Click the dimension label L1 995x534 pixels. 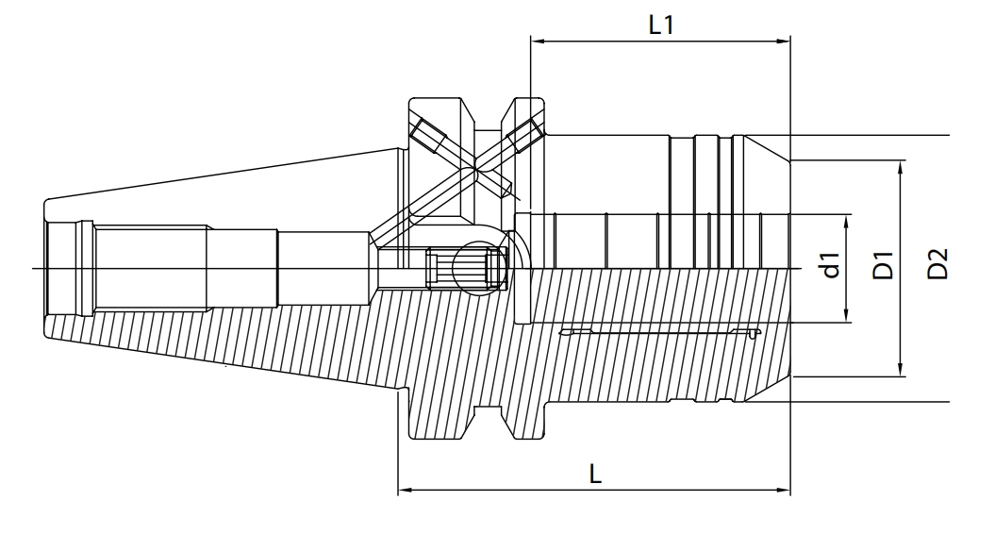point(660,25)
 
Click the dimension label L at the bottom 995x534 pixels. point(595,475)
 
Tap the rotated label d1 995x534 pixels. point(830,267)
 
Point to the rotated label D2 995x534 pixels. point(937,267)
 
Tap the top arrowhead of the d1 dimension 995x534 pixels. point(848,220)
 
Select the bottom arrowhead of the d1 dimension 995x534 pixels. point(848,317)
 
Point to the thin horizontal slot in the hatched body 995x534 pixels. point(659,332)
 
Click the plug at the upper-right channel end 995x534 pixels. point(524,135)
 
